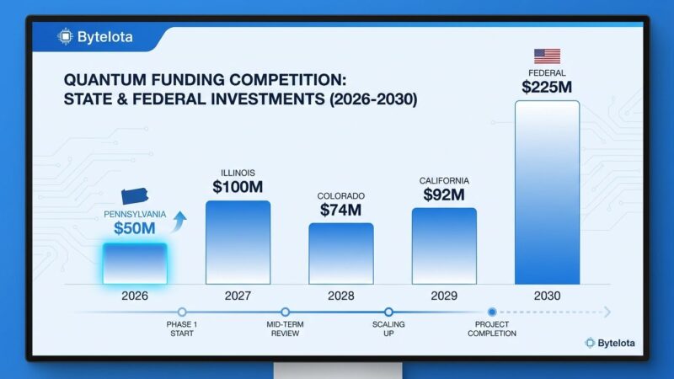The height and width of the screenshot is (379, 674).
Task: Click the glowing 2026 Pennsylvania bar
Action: pos(135,263)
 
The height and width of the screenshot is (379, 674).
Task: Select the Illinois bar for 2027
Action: pos(238,243)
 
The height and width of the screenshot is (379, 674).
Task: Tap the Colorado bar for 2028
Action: pos(340,254)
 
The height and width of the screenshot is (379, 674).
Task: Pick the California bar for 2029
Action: pos(444,246)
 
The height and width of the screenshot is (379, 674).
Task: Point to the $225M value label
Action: pos(547,85)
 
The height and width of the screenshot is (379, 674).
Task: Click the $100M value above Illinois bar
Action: pos(238,187)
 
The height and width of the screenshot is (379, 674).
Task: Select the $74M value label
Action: pos(340,210)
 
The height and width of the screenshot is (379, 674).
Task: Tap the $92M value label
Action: pos(444,195)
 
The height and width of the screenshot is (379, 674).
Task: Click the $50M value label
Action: pos(135,228)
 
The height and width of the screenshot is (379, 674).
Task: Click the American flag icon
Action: pos(547,56)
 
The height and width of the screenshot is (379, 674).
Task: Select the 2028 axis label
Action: pos(340,296)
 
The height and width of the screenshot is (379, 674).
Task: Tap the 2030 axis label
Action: pos(547,296)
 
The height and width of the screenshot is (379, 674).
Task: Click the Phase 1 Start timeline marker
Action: pos(181,312)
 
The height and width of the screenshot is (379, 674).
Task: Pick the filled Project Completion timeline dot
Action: pos(492,312)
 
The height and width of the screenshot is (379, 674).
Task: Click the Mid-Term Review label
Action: pos(285,328)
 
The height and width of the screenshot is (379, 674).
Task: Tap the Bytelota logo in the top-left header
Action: pos(94,37)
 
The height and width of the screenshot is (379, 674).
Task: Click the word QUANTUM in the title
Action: pos(104,80)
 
